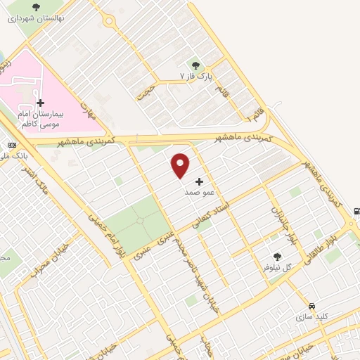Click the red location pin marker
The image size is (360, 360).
(x=181, y=165)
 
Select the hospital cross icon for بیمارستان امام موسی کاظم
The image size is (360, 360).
(x=40, y=103)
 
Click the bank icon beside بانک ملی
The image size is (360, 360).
(x=11, y=145)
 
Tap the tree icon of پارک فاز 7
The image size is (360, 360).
(x=196, y=65)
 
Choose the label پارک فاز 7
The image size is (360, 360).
(x=195, y=75)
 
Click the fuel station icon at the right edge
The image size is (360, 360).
(x=356, y=211)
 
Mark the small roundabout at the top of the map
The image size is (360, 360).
(x=108, y=21)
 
